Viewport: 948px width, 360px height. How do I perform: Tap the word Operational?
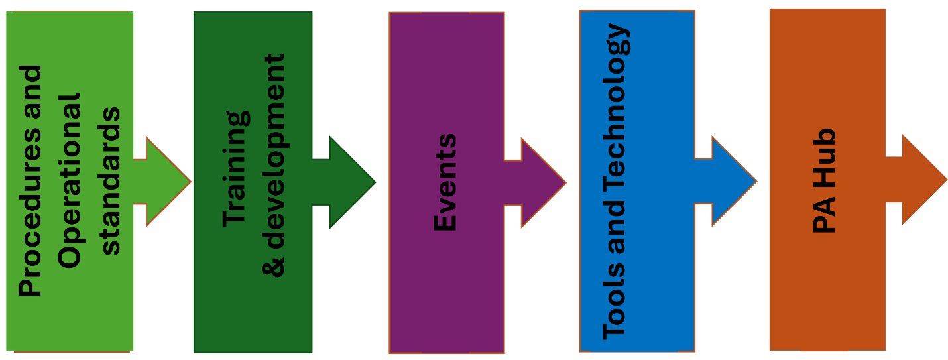pyautogui.click(x=69, y=180)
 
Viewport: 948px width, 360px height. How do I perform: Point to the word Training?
pyautogui.click(x=236, y=169)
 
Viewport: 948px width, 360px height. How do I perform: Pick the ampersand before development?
pyautogui.click(x=272, y=265)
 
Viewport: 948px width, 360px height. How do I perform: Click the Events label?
pyautogui.click(x=445, y=182)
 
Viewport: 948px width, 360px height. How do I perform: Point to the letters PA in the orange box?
pyautogui.click(x=823, y=217)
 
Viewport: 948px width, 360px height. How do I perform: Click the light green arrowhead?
pyautogui.click(x=166, y=181)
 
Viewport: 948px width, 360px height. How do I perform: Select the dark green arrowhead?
pyautogui.click(x=351, y=182)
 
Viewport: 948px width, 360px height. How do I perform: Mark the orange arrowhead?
pyautogui.click(x=922, y=179)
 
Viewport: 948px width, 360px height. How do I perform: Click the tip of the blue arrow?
pyautogui.click(x=755, y=182)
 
